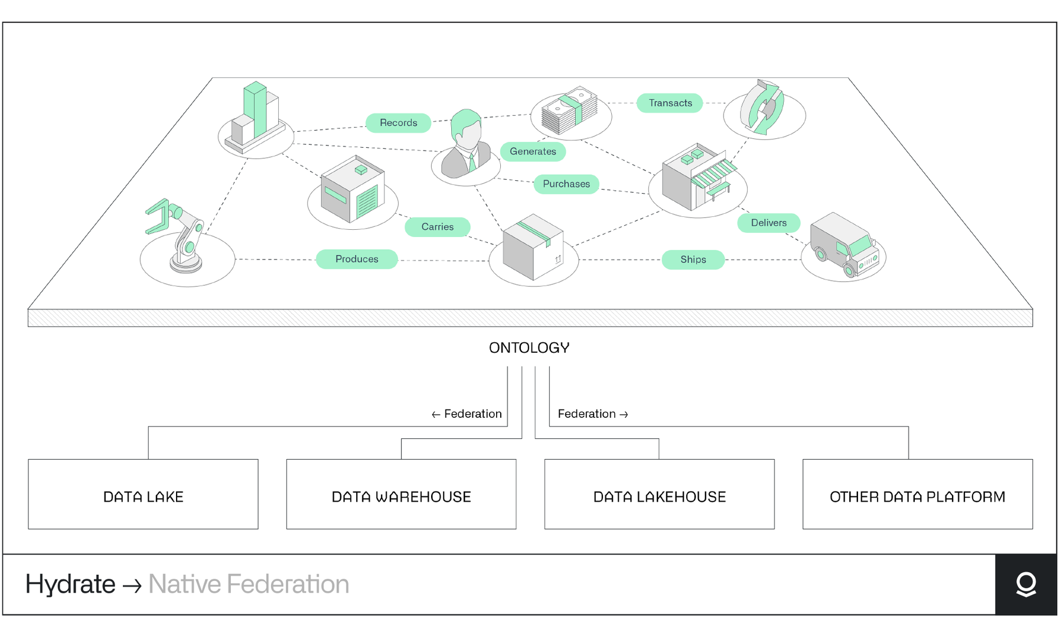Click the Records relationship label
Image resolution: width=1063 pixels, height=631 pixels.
(x=398, y=123)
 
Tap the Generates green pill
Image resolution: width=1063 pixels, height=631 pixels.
(x=533, y=151)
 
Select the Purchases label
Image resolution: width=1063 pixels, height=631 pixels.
(x=566, y=184)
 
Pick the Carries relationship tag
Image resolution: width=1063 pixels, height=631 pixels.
(x=437, y=227)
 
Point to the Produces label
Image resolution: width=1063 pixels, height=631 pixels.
(x=357, y=259)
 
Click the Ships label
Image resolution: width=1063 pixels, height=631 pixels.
(x=693, y=259)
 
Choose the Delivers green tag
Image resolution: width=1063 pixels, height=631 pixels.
(x=768, y=223)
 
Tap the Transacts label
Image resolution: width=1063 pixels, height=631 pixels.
(x=670, y=103)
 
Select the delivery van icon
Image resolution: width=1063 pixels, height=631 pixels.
(x=843, y=245)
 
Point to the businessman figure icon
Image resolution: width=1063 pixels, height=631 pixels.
(x=467, y=145)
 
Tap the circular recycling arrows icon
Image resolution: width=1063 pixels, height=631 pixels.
(x=763, y=108)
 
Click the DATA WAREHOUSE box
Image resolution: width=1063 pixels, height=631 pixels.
(x=401, y=494)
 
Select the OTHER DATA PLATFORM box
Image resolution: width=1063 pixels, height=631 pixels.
(x=917, y=494)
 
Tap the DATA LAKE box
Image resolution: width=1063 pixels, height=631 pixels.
(x=143, y=494)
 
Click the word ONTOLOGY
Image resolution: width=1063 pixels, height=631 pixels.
(x=529, y=348)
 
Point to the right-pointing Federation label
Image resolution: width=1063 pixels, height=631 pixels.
(x=592, y=414)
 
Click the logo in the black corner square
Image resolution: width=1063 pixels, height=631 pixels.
(x=1026, y=584)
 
